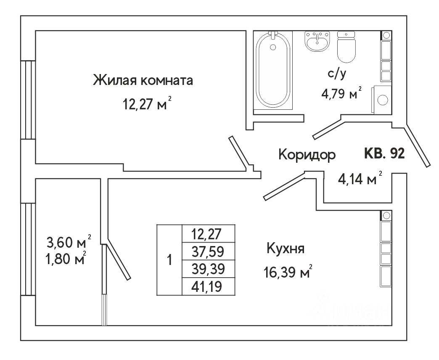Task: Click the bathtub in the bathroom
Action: point(273,71)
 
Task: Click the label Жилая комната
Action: point(143,80)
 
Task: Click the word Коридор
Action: point(307,155)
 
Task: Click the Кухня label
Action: point(286,249)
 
